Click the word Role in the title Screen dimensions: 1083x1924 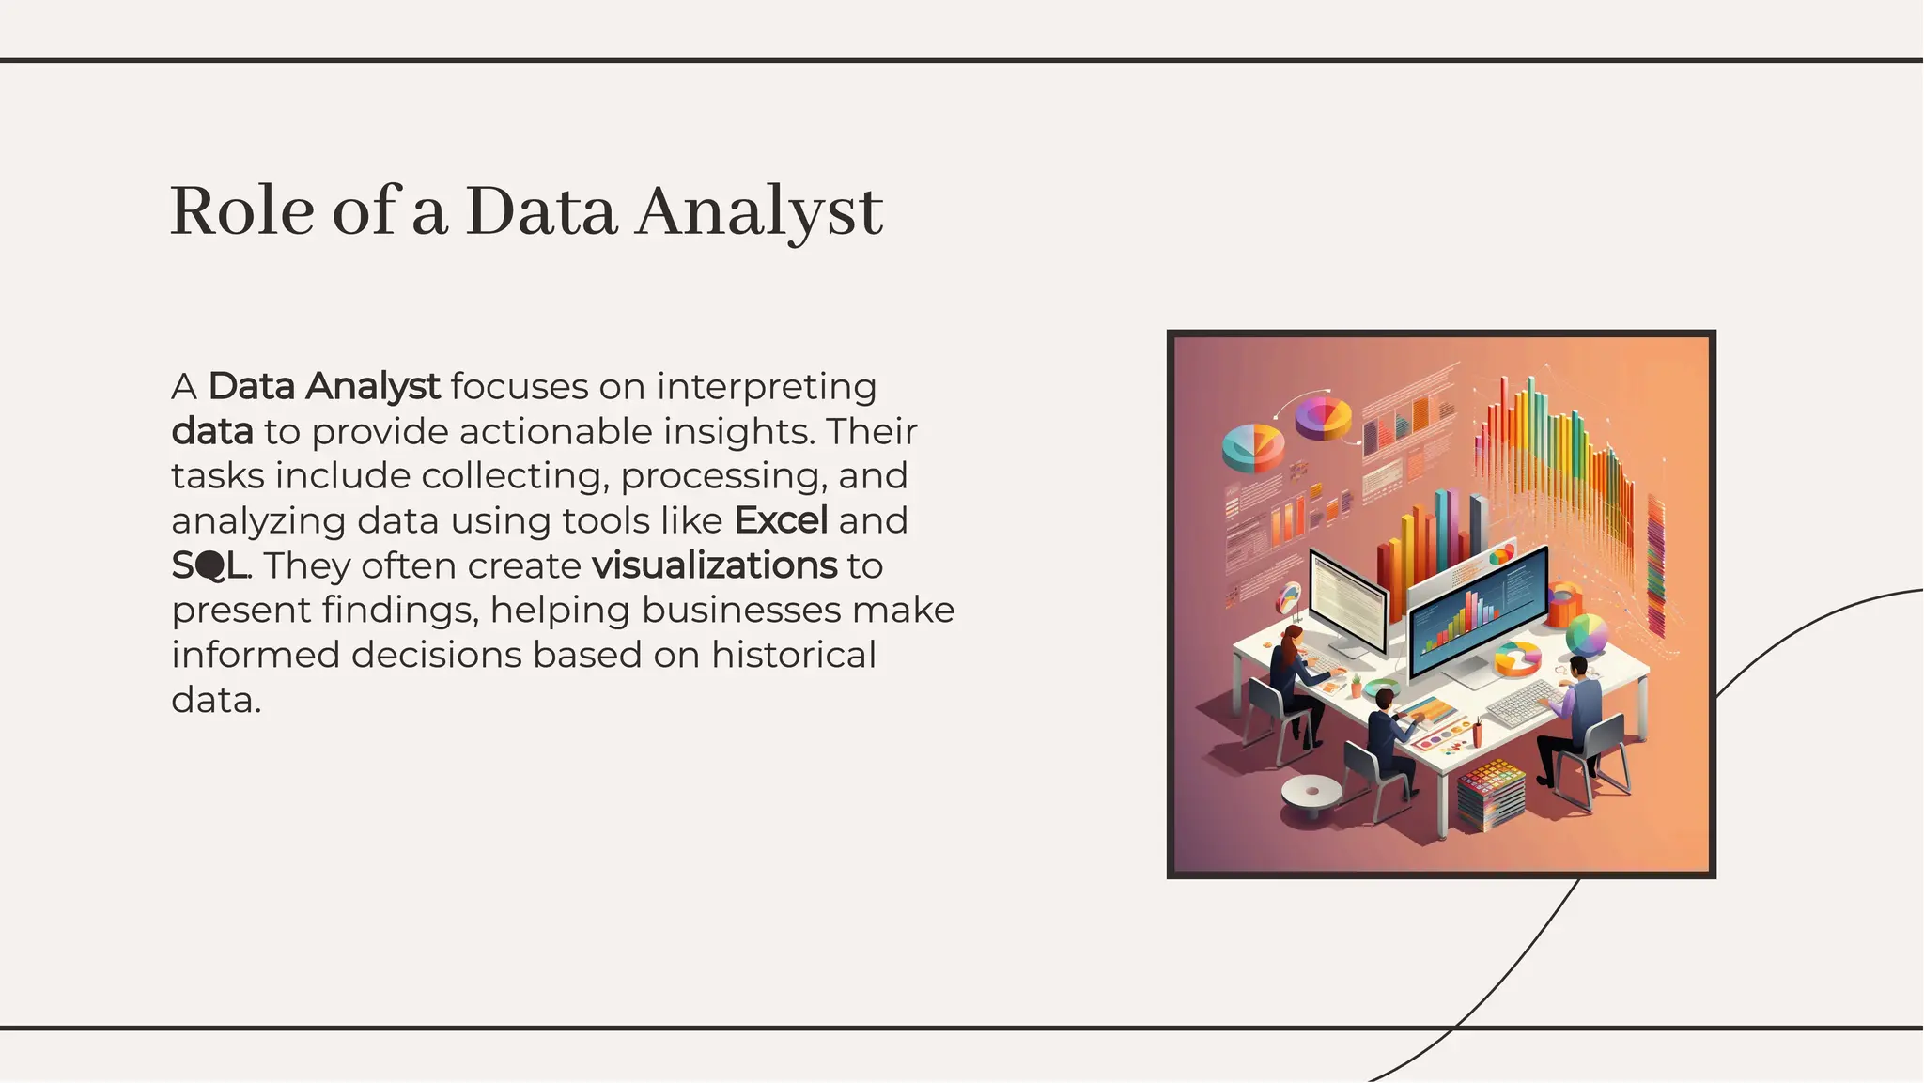pyautogui.click(x=241, y=211)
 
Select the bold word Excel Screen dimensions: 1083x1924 pyautogui.click(x=781, y=520)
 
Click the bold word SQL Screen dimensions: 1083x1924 pyautogui.click(x=209, y=565)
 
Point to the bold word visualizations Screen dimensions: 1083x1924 pyautogui.click(x=714, y=565)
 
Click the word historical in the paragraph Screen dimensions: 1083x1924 pyautogui.click(x=793, y=655)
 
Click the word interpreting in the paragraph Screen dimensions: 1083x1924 pyautogui.click(x=767, y=386)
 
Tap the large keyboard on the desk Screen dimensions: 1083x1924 pyautogui.click(x=1523, y=703)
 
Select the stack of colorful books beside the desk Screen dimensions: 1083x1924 pyautogui.click(x=1492, y=796)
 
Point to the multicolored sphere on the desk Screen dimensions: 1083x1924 pyautogui.click(x=1587, y=635)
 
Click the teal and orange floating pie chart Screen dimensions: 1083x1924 pyautogui.click(x=1253, y=446)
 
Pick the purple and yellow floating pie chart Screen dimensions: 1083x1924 pyautogui.click(x=1323, y=417)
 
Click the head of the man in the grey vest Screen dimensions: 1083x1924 pyautogui.click(x=1577, y=667)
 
